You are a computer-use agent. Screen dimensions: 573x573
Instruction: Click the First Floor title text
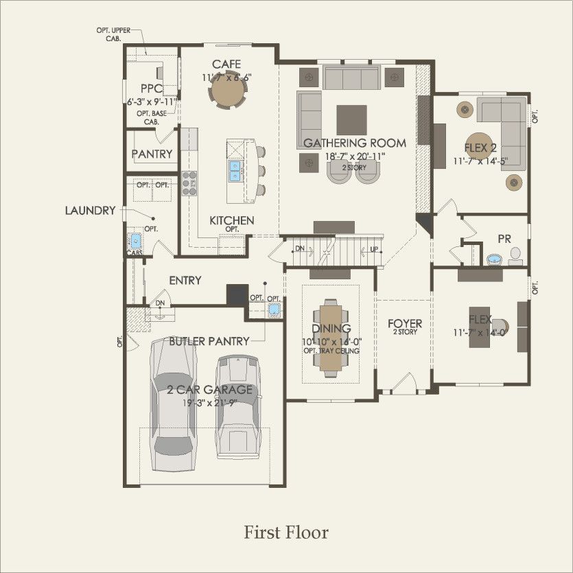pos(286,533)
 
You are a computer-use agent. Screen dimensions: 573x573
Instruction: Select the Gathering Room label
pos(354,143)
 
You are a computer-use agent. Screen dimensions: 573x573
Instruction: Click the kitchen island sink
pos(235,169)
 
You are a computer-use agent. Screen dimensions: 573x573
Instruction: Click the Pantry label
pos(152,154)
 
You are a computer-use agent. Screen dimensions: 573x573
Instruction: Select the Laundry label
pos(90,211)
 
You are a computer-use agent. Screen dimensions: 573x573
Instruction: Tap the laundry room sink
pos(135,242)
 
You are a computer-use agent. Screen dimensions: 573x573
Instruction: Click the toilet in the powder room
pos(516,256)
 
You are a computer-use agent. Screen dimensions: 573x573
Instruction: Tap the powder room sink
pos(494,259)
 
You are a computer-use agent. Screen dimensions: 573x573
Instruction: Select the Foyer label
pos(404,323)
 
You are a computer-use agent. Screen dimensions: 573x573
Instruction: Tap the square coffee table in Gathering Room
pos(351,119)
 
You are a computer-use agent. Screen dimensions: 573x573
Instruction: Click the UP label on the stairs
pos(374,248)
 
